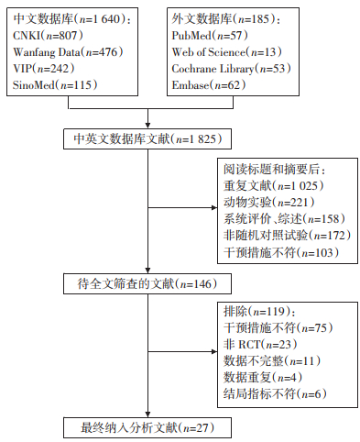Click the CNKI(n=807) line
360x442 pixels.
click(48, 36)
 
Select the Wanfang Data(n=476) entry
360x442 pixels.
click(68, 52)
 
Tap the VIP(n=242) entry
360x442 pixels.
click(43, 69)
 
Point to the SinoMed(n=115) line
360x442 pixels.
click(55, 84)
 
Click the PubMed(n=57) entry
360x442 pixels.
click(210, 36)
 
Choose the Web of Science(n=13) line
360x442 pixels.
click(226, 52)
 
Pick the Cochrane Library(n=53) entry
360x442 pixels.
click(231, 69)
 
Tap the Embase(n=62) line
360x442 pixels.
click(209, 84)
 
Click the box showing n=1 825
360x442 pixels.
click(147, 139)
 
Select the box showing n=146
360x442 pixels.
click(147, 284)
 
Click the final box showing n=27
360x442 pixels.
click(147, 427)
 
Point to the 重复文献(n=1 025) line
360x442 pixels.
click(274, 185)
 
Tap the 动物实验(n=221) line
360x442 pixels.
click(269, 202)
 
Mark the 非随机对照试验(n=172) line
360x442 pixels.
click(287, 235)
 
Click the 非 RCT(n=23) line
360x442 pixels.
click(260, 345)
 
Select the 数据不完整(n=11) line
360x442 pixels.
click(272, 361)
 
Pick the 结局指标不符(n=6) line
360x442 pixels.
click(275, 393)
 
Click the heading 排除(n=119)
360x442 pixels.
click(259, 312)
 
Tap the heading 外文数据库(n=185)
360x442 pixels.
click(226, 19)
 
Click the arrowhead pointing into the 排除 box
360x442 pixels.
click(214, 351)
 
